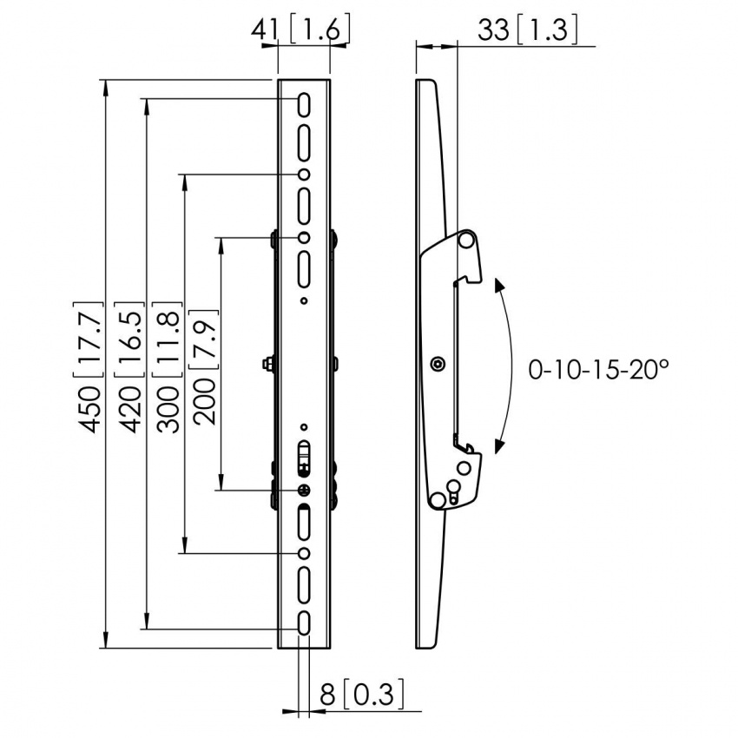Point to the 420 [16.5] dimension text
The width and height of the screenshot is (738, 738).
tap(130, 366)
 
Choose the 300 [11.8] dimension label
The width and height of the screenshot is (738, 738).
tap(168, 366)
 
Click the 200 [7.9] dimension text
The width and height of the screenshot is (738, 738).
tap(206, 366)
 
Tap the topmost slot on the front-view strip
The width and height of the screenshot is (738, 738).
tap(305, 103)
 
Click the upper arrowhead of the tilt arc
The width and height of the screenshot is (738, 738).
tap(498, 285)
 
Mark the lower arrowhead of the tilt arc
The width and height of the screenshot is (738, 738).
tap(498, 446)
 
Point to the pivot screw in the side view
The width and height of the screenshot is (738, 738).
tap(438, 364)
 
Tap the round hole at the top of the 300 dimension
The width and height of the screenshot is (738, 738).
tap(305, 175)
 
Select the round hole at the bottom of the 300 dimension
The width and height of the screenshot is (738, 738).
tap(305, 553)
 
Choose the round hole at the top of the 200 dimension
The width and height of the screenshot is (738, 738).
tap(305, 238)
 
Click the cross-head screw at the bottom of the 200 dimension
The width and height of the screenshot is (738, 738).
tap(305, 490)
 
